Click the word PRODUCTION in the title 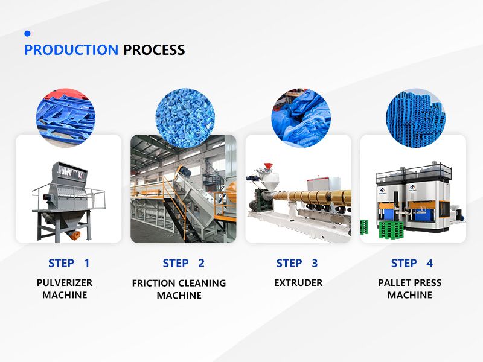tap(71, 50)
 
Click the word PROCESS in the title tap(154, 50)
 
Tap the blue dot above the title tap(27, 34)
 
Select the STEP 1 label tap(69, 264)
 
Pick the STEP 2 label tap(184, 264)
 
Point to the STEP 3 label tap(297, 264)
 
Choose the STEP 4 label tap(412, 264)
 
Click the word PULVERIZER tap(65, 282)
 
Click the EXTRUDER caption tap(298, 282)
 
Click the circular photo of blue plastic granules tap(185, 118)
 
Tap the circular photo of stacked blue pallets tap(416, 118)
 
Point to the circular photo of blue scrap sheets tap(66, 118)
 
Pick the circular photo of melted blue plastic tap(301, 118)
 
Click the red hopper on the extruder tap(269, 166)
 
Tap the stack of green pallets tap(391, 229)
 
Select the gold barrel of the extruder tap(311, 198)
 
